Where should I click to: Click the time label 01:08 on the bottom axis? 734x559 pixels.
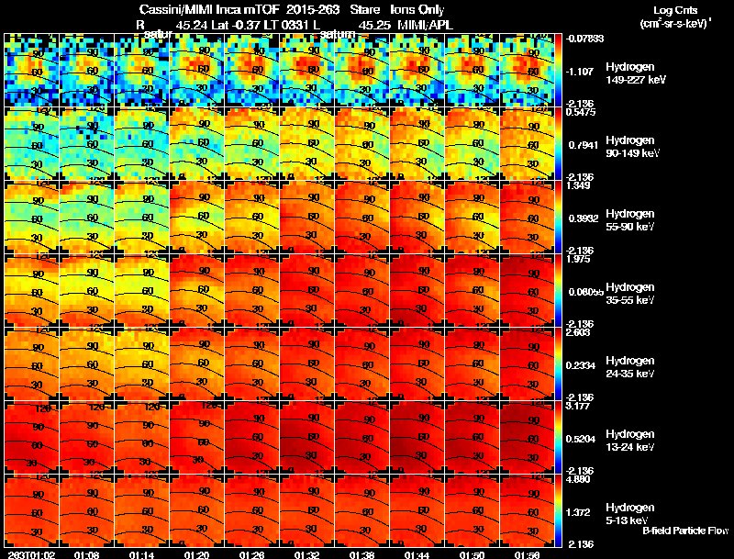click(86, 554)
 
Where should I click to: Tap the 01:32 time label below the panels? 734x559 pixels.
click(306, 554)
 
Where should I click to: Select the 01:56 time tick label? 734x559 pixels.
click(527, 554)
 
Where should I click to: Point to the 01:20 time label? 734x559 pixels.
click(196, 554)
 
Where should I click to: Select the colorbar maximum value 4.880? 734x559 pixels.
click(579, 479)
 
